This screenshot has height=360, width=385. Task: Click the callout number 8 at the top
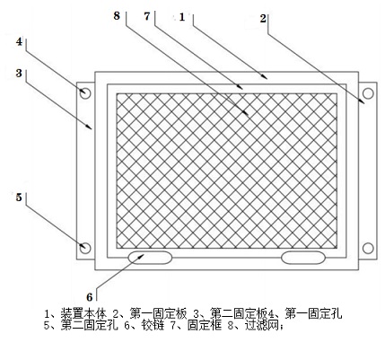pos(117,16)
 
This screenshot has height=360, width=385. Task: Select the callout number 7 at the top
pos(147,16)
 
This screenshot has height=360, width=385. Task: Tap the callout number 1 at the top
pos(182,17)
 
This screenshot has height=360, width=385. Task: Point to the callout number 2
pos(263,19)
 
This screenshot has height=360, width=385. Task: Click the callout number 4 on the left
pos(19,41)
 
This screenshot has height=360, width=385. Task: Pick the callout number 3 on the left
pos(19,73)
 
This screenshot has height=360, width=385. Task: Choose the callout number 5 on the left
pos(19,198)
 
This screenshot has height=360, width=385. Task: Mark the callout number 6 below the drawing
pos(90,297)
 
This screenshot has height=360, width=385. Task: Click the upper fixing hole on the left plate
pos(85,93)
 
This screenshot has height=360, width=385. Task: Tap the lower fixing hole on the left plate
pos(85,248)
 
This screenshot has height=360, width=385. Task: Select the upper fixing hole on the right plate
pos(368,93)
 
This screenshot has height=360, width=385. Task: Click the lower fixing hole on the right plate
pos(368,248)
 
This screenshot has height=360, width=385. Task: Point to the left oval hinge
pos(150,258)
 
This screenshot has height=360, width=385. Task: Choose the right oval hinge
pos(303,258)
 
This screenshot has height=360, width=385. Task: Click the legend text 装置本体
pos(83,314)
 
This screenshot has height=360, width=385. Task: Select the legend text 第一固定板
pos(159,314)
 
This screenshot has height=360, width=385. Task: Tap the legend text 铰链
pos(153,325)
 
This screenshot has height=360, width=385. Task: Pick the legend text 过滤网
pos(262,325)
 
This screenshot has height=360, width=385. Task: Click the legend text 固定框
pos(205,325)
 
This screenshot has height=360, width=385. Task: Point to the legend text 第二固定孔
pos(90,325)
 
